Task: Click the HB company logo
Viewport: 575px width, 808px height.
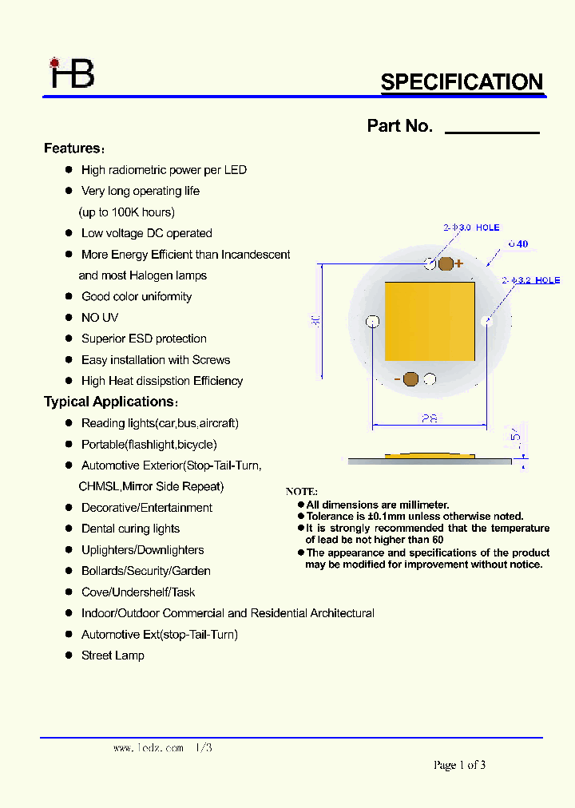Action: coord(72,73)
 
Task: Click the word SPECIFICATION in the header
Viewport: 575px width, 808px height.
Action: coord(462,82)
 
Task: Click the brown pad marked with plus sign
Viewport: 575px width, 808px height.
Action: coord(446,264)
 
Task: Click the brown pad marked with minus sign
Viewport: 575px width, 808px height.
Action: coord(411,379)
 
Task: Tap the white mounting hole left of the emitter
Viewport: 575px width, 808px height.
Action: coord(372,322)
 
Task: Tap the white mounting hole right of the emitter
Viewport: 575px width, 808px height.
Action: coord(488,322)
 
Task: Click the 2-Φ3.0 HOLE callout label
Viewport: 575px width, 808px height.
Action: coord(471,228)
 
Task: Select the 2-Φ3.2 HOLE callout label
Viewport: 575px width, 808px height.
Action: coord(530,280)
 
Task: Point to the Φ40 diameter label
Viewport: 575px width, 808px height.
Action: coord(518,244)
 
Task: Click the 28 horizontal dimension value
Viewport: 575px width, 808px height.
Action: coord(430,418)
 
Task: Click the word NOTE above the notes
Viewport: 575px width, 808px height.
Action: coord(302,492)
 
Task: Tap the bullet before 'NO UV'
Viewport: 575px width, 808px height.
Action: coord(69,318)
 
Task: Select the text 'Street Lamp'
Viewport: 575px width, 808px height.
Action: coord(113,656)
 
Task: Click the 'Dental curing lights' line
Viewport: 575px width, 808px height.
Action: coord(130,529)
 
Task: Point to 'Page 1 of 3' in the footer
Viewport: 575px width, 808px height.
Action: coord(459,765)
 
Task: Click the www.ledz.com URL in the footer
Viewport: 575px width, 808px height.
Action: coord(149,749)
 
